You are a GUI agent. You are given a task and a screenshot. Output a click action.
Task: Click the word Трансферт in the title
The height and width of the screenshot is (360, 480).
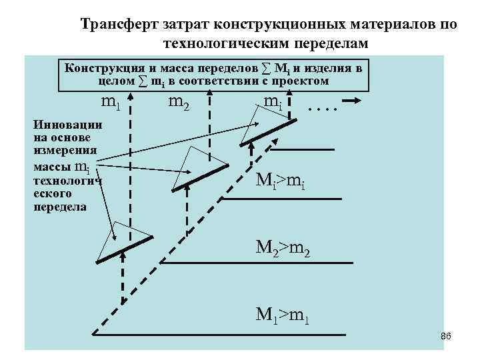tap(119, 25)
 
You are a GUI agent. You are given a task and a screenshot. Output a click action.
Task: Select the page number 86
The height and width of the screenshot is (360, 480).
tap(446, 337)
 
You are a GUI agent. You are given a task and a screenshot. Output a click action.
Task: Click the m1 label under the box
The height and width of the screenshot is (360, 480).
tap(110, 104)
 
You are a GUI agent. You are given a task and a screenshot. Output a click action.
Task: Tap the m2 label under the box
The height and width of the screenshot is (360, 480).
tap(178, 103)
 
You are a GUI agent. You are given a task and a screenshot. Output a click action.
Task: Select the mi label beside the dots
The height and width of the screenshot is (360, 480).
tap(272, 103)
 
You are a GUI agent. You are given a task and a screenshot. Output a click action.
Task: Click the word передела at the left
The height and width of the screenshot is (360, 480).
tap(60, 207)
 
